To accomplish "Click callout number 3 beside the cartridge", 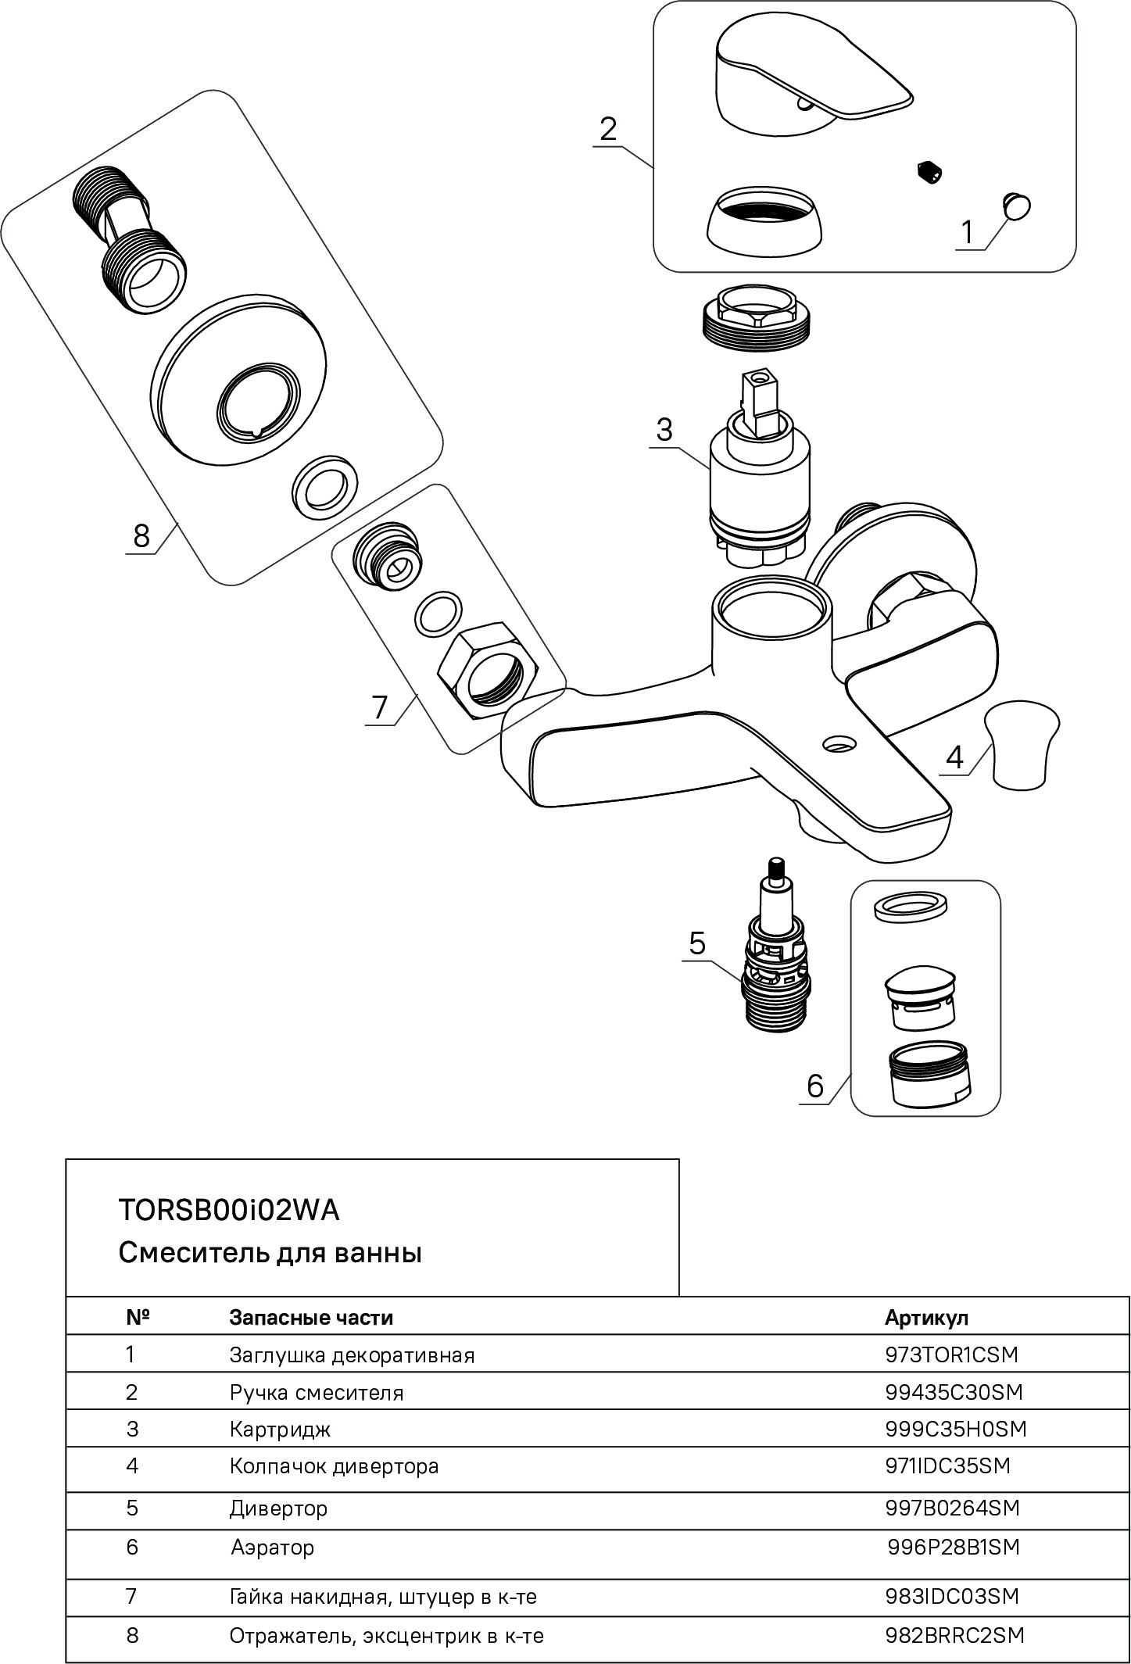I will coord(664,431).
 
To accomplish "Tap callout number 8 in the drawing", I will coord(141,536).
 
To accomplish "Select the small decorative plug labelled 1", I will coord(1016,206).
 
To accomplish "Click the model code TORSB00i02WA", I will coord(229,1210).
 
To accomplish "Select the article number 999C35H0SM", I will coord(955,1429).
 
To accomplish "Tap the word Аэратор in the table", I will coord(272,1547).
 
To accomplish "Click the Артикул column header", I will coord(926,1317).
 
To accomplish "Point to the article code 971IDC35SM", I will coord(947,1465).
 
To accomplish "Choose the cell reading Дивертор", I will coord(278,1508).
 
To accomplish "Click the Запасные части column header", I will coord(311,1317).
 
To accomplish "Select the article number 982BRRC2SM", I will coord(954,1635).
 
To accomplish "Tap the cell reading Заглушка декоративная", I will coord(352,1354).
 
